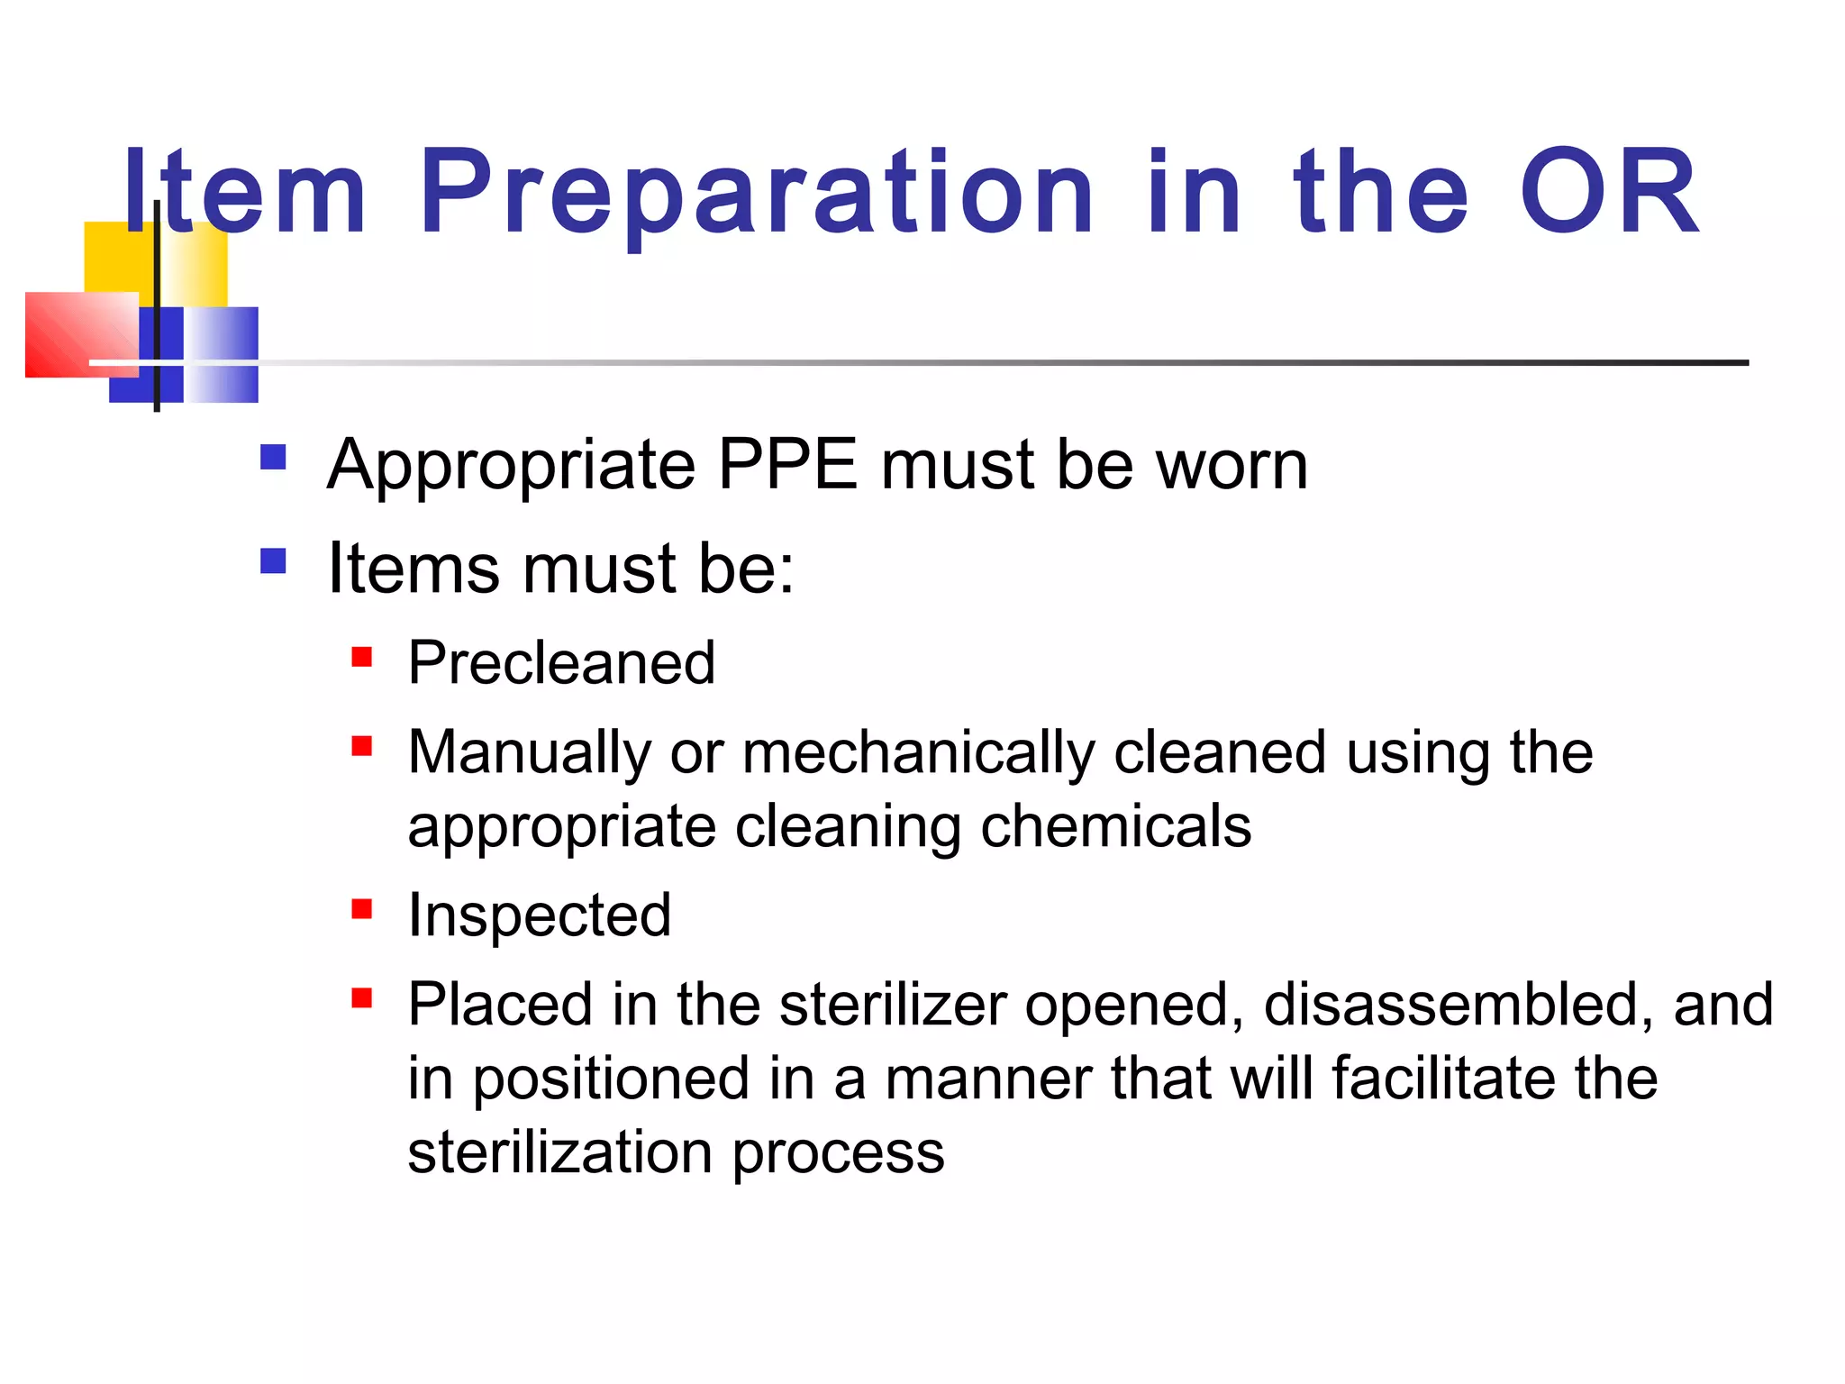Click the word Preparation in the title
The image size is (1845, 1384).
(x=757, y=194)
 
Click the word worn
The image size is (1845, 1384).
(x=1232, y=465)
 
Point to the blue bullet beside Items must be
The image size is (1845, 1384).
(x=273, y=562)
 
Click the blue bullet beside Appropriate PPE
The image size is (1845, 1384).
(x=273, y=458)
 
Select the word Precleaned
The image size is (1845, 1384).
(x=561, y=663)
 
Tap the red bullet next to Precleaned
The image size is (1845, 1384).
(x=362, y=657)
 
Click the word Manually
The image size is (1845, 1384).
(x=529, y=752)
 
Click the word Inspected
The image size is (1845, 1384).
(x=540, y=915)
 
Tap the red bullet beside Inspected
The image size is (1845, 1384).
(x=362, y=909)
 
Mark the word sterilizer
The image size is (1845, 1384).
(x=893, y=1005)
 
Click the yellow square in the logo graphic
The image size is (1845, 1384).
(x=117, y=257)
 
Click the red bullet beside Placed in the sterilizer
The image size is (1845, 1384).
(x=362, y=998)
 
